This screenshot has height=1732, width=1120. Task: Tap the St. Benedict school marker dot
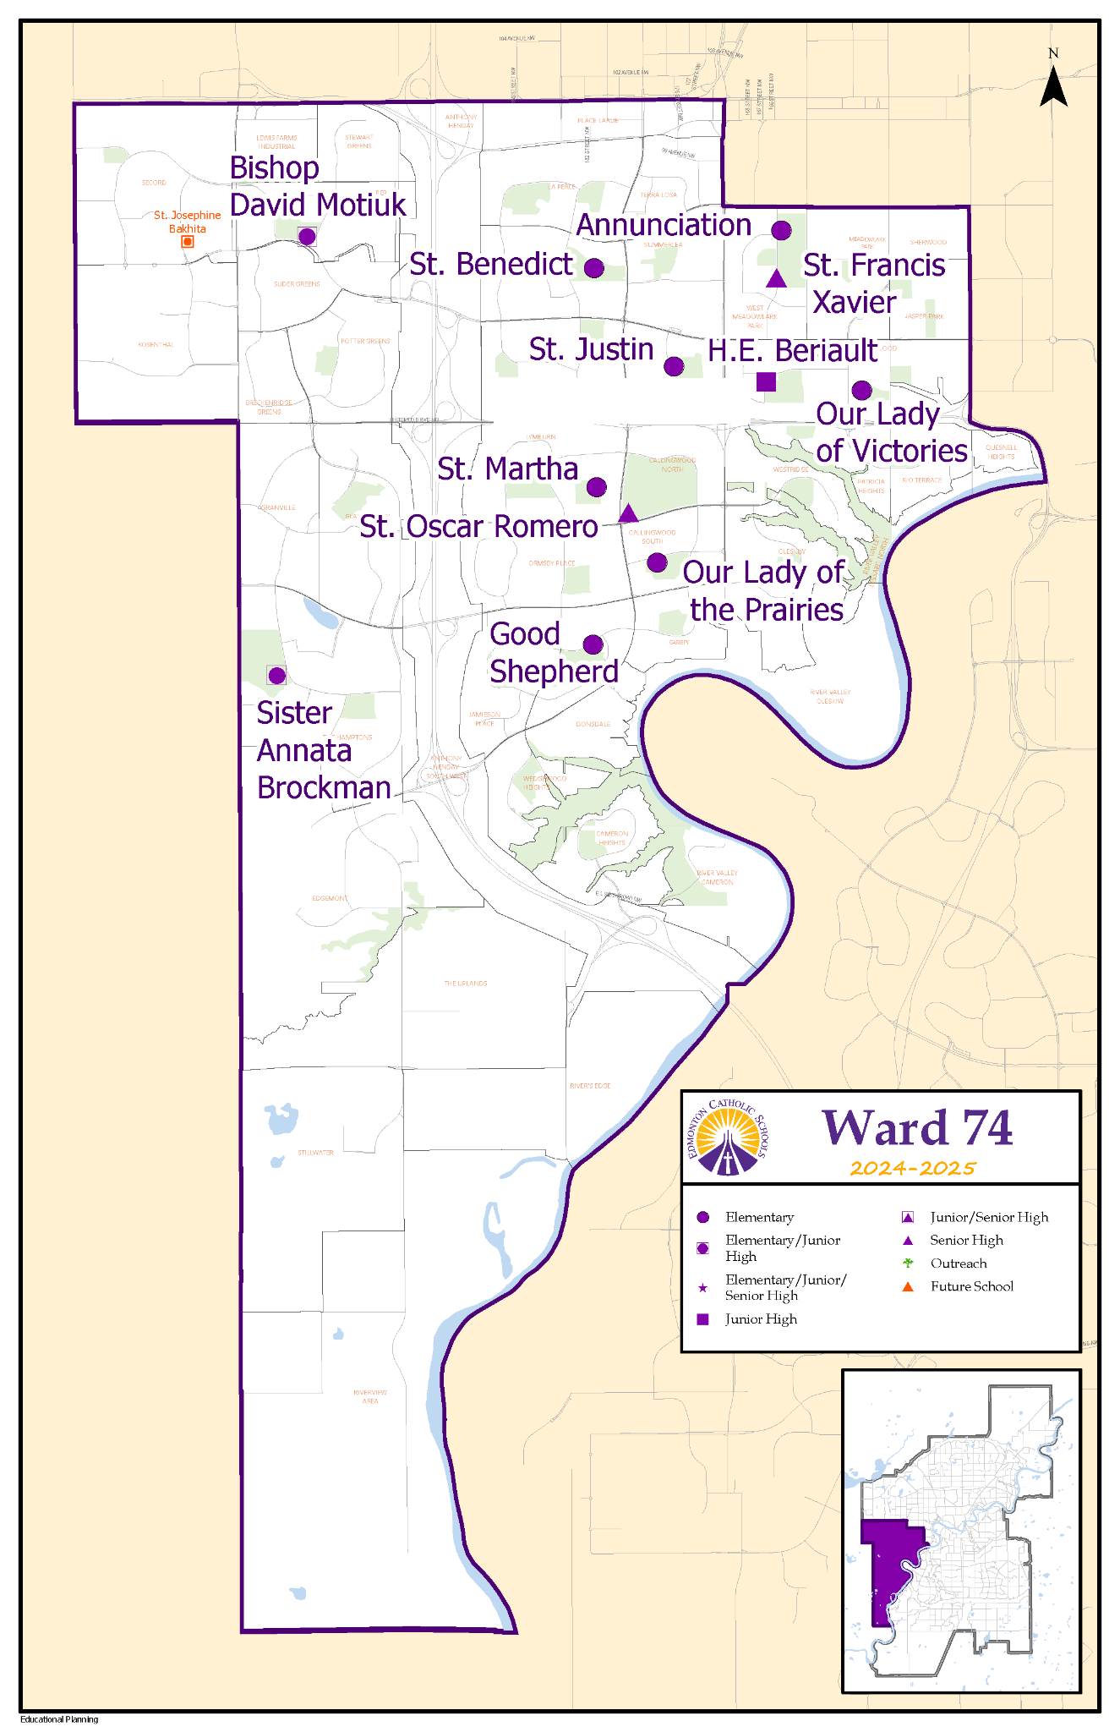[594, 268]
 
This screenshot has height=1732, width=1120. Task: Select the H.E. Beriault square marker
[766, 381]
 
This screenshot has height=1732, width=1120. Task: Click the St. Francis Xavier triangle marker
[777, 279]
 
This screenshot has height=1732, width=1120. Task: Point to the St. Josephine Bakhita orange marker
[188, 242]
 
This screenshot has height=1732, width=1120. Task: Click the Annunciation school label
[664, 225]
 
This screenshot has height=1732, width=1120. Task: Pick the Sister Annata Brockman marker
[276, 675]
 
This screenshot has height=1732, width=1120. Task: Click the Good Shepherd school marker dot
[593, 645]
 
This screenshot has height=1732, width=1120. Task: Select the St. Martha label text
[507, 469]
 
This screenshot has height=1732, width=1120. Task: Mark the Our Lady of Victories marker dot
[861, 391]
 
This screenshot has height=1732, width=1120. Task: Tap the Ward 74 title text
[917, 1128]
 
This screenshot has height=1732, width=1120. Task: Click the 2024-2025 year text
[913, 1169]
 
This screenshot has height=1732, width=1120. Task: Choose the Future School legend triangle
[908, 1286]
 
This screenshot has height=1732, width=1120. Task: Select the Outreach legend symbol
[908, 1263]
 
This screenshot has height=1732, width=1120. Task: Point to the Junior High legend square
[702, 1319]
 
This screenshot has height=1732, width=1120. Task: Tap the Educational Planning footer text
[59, 1719]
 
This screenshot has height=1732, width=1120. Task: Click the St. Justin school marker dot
[674, 366]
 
